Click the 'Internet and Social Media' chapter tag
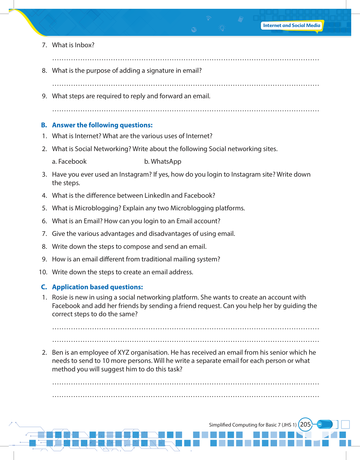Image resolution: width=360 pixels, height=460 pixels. tap(291, 26)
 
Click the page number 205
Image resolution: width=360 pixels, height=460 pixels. tap(305, 425)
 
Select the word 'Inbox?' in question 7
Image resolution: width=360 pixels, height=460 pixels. tap(84, 45)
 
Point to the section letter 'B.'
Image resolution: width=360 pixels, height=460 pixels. tap(44, 125)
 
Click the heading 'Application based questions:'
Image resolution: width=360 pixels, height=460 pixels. tap(97, 287)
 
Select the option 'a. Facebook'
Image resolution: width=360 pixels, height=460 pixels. tap(69, 162)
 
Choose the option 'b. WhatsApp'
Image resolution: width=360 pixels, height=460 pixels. tap(163, 162)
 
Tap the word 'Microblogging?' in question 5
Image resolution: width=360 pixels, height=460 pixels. tap(98, 208)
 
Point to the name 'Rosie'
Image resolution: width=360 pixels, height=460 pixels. tap(60, 297)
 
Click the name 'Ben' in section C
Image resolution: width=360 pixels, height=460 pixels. tap(57, 353)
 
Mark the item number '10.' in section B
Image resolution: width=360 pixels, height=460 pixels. tap(43, 272)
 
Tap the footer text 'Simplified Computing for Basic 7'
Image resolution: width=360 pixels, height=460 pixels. tap(245, 425)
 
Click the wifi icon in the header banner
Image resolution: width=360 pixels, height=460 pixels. tap(208, 18)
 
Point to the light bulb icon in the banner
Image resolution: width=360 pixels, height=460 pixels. tap(222, 28)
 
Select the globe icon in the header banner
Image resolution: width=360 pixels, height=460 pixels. tap(194, 29)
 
